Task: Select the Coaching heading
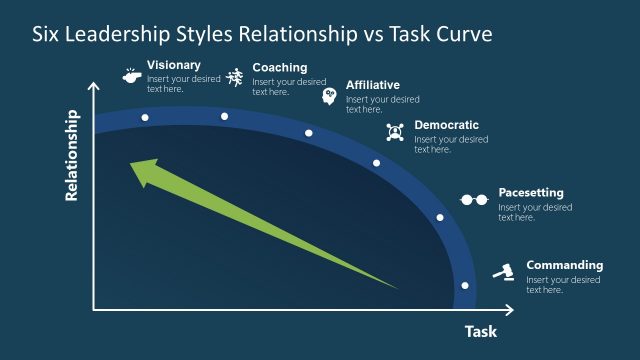pyautogui.click(x=280, y=68)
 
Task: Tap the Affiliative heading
pyautogui.click(x=373, y=85)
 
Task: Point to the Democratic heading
pyautogui.click(x=446, y=125)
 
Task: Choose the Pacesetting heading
pyautogui.click(x=531, y=192)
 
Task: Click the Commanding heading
pyautogui.click(x=565, y=265)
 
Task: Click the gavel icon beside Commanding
pyautogui.click(x=505, y=271)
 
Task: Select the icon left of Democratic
pyautogui.click(x=394, y=132)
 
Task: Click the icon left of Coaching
pyautogui.click(x=234, y=76)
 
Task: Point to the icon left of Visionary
pyautogui.click(x=131, y=74)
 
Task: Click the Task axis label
pyautogui.click(x=480, y=332)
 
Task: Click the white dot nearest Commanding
pyautogui.click(x=464, y=285)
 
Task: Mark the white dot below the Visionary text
pyautogui.click(x=145, y=118)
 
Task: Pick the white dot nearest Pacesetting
pyautogui.click(x=439, y=217)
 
